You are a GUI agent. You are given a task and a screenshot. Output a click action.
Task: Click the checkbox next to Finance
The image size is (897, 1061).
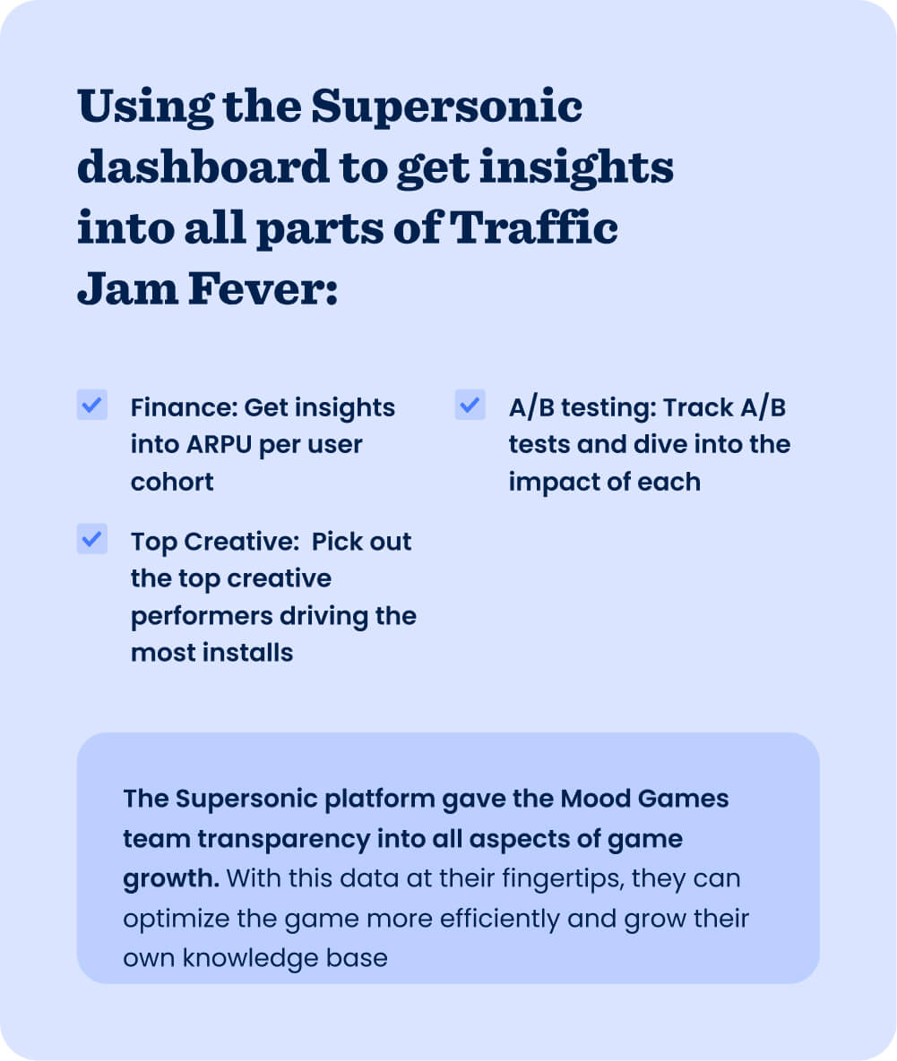(x=92, y=405)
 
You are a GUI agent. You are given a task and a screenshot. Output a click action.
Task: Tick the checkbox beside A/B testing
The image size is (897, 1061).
(x=470, y=405)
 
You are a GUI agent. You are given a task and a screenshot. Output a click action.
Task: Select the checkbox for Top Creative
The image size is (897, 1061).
(x=92, y=539)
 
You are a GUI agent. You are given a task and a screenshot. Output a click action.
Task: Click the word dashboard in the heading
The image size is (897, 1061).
(x=203, y=167)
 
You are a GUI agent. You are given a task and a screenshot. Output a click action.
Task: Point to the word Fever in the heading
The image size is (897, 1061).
(x=263, y=288)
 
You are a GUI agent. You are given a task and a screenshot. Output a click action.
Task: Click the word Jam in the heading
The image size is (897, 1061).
(x=128, y=288)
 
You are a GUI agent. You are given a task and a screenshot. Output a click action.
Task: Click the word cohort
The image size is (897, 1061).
(x=172, y=482)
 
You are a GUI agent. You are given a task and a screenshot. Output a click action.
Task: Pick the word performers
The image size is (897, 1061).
(x=201, y=616)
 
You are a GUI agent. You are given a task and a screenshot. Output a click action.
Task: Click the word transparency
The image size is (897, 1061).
(x=284, y=839)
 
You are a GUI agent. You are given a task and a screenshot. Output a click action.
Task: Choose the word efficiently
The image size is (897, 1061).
(x=500, y=919)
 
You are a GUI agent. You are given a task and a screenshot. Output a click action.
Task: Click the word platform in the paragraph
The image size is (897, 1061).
(x=380, y=800)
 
